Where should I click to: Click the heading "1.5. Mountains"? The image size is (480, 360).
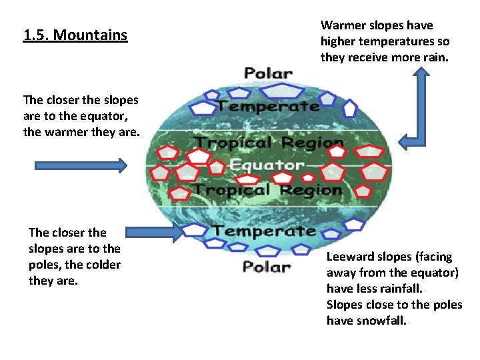(x=75, y=35)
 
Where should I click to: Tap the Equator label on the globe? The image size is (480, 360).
(x=266, y=165)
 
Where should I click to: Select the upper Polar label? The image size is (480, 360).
(x=268, y=73)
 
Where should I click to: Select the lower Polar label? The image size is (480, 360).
(x=267, y=267)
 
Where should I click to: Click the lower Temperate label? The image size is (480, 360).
(x=264, y=231)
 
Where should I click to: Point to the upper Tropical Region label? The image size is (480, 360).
(x=269, y=143)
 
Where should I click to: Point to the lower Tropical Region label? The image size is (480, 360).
(x=267, y=190)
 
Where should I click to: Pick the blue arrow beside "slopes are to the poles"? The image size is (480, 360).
(x=153, y=231)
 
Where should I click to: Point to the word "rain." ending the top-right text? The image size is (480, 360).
(x=436, y=57)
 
